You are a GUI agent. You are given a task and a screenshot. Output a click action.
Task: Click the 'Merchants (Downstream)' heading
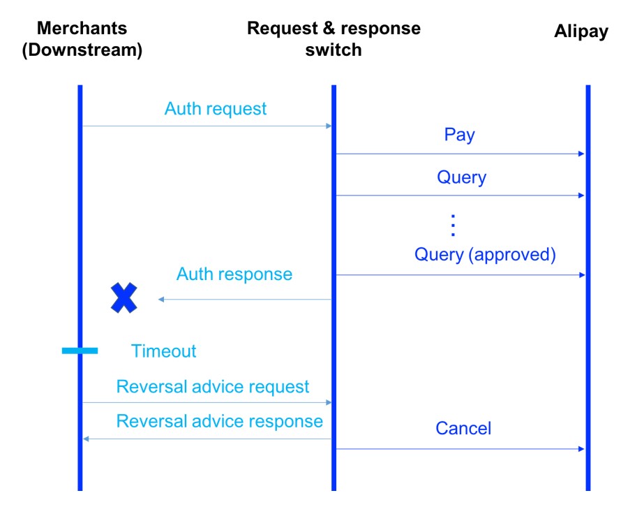click(82, 40)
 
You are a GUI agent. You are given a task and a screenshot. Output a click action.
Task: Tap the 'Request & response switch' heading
click(334, 39)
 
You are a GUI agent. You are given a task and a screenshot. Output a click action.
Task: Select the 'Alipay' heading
click(581, 31)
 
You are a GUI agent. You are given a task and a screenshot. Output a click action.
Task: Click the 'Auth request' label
click(215, 109)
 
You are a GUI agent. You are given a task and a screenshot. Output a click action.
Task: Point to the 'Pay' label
click(459, 135)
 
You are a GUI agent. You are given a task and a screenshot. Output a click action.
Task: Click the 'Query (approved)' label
click(485, 254)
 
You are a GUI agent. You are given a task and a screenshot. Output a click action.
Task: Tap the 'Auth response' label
click(234, 274)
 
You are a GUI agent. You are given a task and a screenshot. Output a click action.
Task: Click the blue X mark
click(124, 298)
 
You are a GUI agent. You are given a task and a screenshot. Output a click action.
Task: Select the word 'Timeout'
click(163, 351)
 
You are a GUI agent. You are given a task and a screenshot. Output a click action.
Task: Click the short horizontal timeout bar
click(80, 351)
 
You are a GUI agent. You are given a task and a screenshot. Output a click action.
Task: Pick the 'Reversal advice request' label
click(213, 387)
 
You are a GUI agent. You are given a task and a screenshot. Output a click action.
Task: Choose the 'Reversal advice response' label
click(219, 422)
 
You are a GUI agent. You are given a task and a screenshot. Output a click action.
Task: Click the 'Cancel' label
click(463, 428)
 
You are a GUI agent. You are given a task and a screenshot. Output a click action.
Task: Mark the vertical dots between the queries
click(452, 226)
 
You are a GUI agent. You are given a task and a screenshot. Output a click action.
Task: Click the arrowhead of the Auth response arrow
click(161, 300)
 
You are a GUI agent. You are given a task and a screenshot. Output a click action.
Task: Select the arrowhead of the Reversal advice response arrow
click(86, 439)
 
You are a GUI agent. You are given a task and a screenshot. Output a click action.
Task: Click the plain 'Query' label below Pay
click(461, 177)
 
